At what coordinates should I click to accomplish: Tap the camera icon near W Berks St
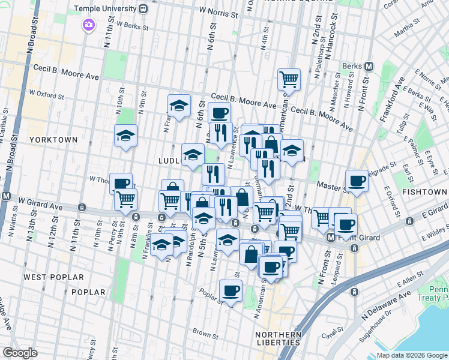coord(89,25)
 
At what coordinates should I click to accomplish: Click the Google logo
coord(20,353)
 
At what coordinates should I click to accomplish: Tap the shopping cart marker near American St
coord(289,79)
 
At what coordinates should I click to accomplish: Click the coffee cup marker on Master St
coord(357,181)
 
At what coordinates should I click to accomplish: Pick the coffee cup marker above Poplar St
coord(231,292)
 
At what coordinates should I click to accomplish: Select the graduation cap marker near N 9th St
coord(126,136)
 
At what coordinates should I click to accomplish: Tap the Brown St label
coord(205,332)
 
